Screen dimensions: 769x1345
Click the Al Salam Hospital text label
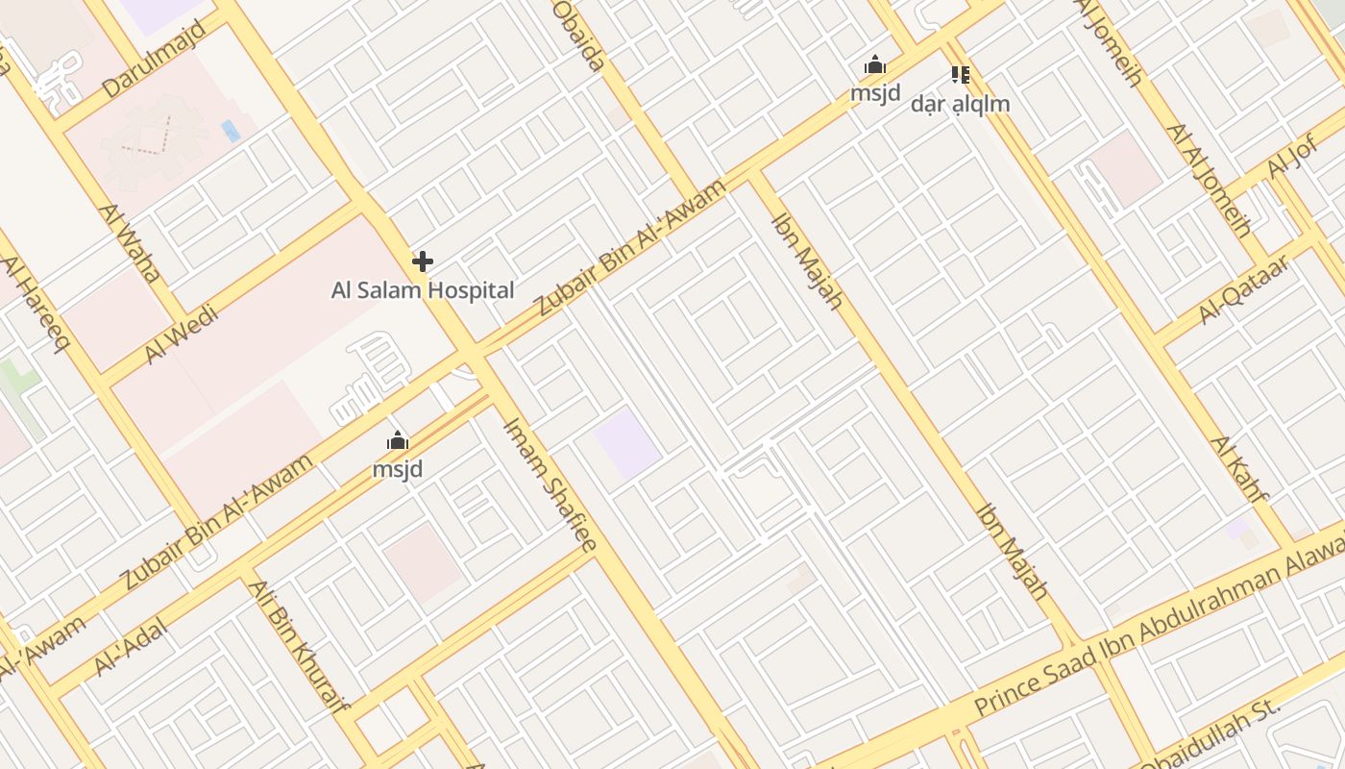(x=423, y=289)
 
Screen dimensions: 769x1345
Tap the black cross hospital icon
(x=423, y=260)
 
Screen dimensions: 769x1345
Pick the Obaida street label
(x=580, y=36)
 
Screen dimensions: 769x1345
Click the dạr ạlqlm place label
(x=960, y=103)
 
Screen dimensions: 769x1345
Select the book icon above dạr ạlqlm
(x=960, y=74)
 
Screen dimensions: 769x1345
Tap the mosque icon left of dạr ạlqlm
(x=875, y=66)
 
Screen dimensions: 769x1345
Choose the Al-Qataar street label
(x=1243, y=290)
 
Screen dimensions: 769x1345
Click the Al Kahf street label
(x=1239, y=470)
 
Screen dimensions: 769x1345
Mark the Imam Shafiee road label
(x=550, y=484)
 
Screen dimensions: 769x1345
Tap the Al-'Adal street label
(x=131, y=647)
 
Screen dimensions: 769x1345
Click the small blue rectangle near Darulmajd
(x=231, y=131)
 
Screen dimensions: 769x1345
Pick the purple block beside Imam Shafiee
(x=627, y=443)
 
